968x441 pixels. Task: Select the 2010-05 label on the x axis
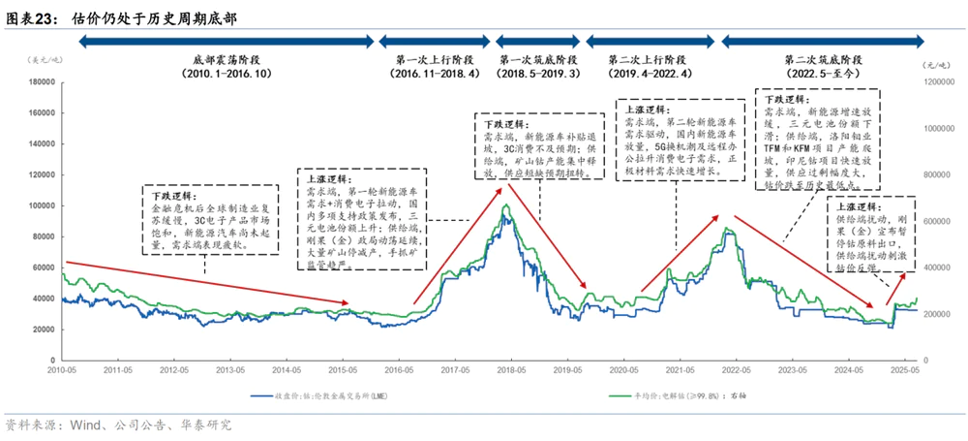coord(60,370)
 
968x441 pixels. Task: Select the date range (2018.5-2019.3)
coord(539,74)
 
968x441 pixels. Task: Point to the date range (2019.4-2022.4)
coord(650,74)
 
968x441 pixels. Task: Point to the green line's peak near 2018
coord(505,204)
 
